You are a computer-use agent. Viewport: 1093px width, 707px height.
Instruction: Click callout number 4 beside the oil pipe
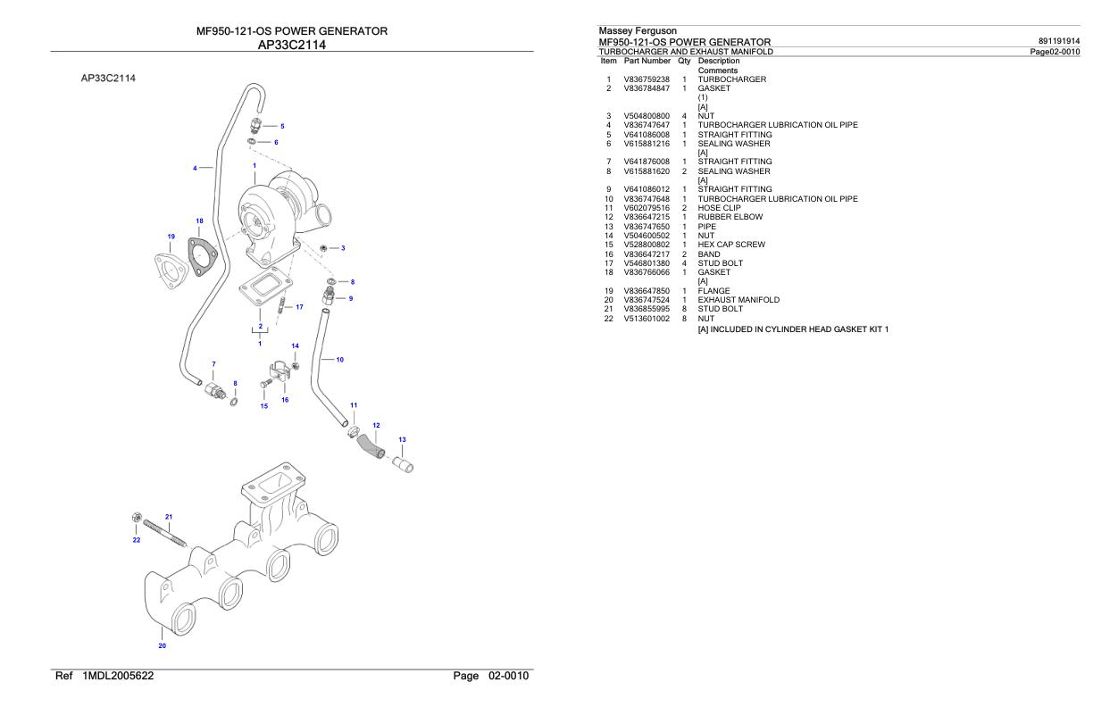tap(195, 167)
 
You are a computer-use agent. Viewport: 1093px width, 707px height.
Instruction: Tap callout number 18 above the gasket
tap(199, 220)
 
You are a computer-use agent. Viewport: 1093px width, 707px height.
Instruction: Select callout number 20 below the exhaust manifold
tap(162, 645)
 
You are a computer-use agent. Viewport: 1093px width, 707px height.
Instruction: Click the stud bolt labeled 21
tap(163, 531)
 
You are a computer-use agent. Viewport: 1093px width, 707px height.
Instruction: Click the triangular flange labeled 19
tap(169, 268)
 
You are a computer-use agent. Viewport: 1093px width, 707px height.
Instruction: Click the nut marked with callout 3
tap(323, 247)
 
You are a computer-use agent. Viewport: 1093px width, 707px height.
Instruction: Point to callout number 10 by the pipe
tap(339, 360)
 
